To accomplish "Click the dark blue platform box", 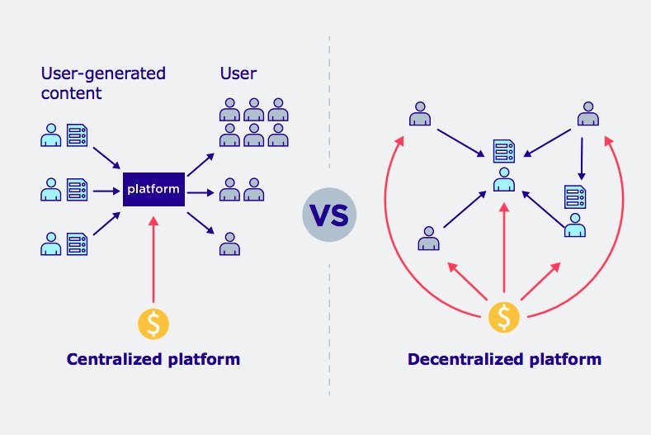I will coord(153,190).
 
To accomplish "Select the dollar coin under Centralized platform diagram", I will coord(153,323).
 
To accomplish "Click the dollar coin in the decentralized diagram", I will coord(504,314).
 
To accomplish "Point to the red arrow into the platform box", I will coord(153,256).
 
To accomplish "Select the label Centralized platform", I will coord(153,360).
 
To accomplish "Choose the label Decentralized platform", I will coord(504,360).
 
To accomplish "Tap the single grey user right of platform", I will coord(230,244).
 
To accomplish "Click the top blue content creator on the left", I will coord(50,134).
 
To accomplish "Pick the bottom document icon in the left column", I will coord(78,244).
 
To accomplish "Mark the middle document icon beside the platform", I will coord(78,190).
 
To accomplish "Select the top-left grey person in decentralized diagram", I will coord(420,114).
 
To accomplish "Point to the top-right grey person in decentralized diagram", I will coord(587,114).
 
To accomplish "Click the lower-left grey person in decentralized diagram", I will coord(427,238).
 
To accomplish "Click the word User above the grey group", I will coord(238,73).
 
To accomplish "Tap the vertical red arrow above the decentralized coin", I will coord(504,248).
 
